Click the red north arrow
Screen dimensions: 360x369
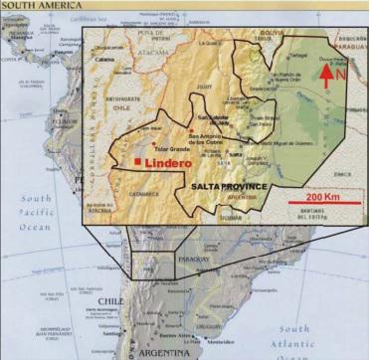pyautogui.click(x=326, y=72)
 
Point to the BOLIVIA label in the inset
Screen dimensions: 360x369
pyautogui.click(x=271, y=33)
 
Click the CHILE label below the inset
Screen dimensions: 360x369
pyautogui.click(x=110, y=299)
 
